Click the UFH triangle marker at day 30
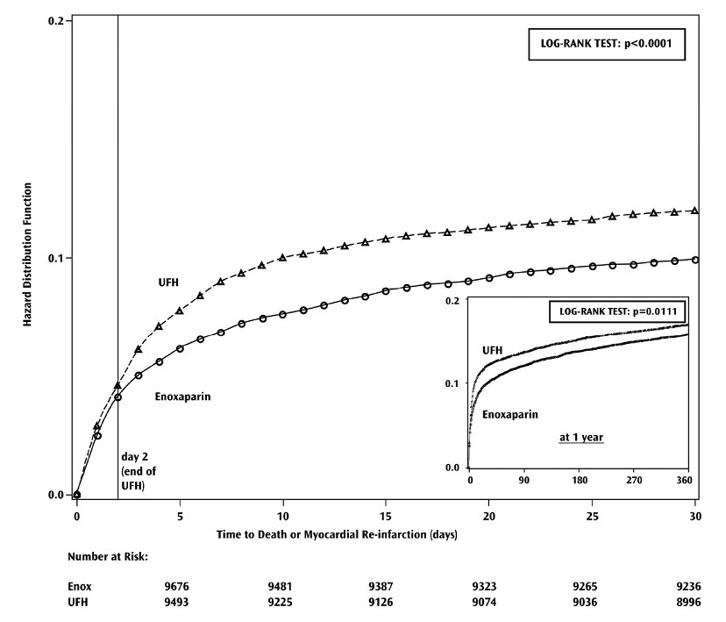pos(695,211)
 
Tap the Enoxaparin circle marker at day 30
pos(695,260)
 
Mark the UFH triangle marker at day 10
pos(282,258)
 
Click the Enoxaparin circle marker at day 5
pos(180,348)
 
